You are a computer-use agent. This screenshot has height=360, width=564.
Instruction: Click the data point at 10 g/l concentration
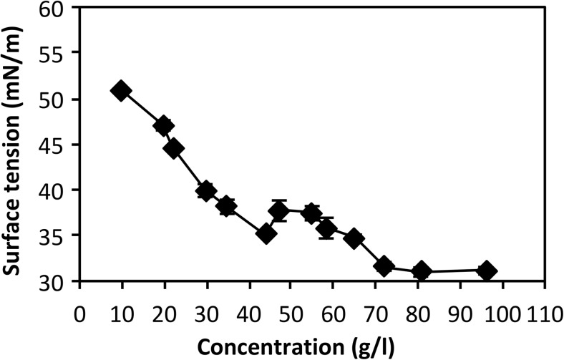[x=121, y=90]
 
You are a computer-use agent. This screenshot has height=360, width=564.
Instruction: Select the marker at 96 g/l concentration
[x=487, y=271]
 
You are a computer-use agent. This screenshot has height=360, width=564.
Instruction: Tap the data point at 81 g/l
[x=422, y=271]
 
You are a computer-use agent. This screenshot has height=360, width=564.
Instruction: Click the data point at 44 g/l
[x=266, y=233]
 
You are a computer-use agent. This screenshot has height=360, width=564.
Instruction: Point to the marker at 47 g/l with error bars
[x=278, y=210]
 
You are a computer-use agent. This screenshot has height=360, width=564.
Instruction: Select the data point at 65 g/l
[x=354, y=238]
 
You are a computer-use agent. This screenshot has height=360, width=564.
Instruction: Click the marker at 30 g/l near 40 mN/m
[x=206, y=190]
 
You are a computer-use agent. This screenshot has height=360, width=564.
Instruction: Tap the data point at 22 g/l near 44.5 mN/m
[x=174, y=149]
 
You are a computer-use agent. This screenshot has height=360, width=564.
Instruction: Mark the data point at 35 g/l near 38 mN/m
[x=227, y=207]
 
